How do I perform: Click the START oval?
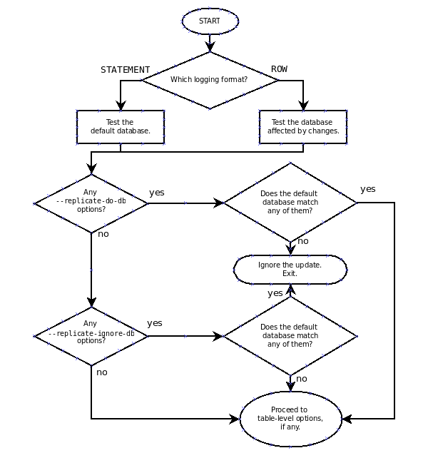pyautogui.click(x=210, y=21)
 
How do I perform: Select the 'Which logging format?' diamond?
pyautogui.click(x=210, y=80)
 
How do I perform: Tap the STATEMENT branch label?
pyautogui.click(x=125, y=70)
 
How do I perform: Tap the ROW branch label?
pyautogui.click(x=279, y=69)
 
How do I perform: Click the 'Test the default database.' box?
pyautogui.click(x=120, y=127)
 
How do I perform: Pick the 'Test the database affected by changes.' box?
pyautogui.click(x=303, y=127)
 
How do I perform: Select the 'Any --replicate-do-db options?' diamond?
pyautogui.click(x=91, y=203)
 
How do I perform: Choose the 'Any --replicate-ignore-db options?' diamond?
pyautogui.click(x=91, y=335)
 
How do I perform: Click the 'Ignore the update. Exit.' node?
pyautogui.click(x=290, y=270)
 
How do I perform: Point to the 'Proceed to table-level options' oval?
pyautogui.click(x=290, y=419)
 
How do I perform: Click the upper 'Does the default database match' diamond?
pyautogui.click(x=290, y=203)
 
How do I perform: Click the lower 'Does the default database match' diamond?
pyautogui.click(x=290, y=335)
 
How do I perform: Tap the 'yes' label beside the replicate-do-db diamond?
pyautogui.click(x=156, y=193)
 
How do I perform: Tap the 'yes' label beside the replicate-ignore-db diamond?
pyautogui.click(x=155, y=323)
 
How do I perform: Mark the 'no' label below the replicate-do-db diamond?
pyautogui.click(x=103, y=234)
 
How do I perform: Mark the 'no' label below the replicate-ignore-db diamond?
pyautogui.click(x=102, y=372)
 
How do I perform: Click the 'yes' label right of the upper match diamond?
pyautogui.click(x=368, y=189)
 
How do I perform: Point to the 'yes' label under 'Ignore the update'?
pyautogui.click(x=275, y=293)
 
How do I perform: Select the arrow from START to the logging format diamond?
pyautogui.click(x=210, y=43)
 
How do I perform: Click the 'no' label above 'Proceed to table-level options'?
pyautogui.click(x=302, y=379)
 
